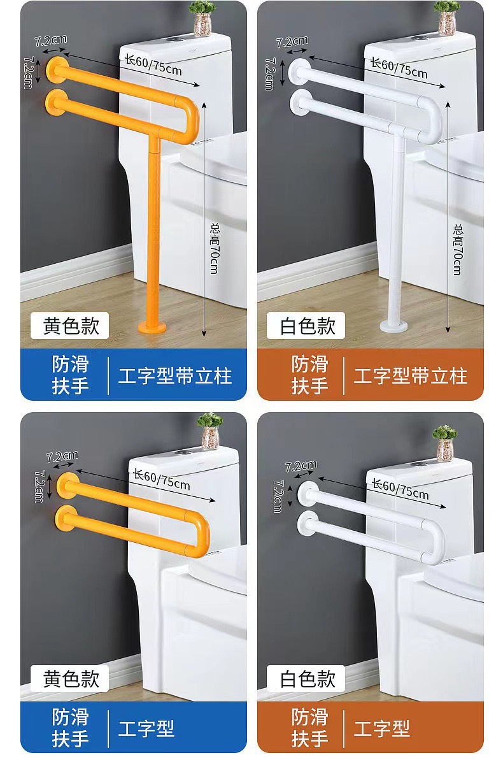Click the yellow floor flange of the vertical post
point(152,327)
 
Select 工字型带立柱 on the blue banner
point(175,375)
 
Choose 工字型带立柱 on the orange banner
point(411,375)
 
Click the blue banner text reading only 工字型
point(146,728)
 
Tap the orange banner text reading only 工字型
point(382,728)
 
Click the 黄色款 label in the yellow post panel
point(71,326)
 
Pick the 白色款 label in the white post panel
point(308,326)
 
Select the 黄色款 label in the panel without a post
point(71,679)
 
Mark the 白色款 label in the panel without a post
point(308,679)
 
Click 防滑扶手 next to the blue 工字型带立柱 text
point(71,375)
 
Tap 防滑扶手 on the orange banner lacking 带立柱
point(310,728)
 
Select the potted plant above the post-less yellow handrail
point(210,430)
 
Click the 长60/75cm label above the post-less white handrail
point(400,489)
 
